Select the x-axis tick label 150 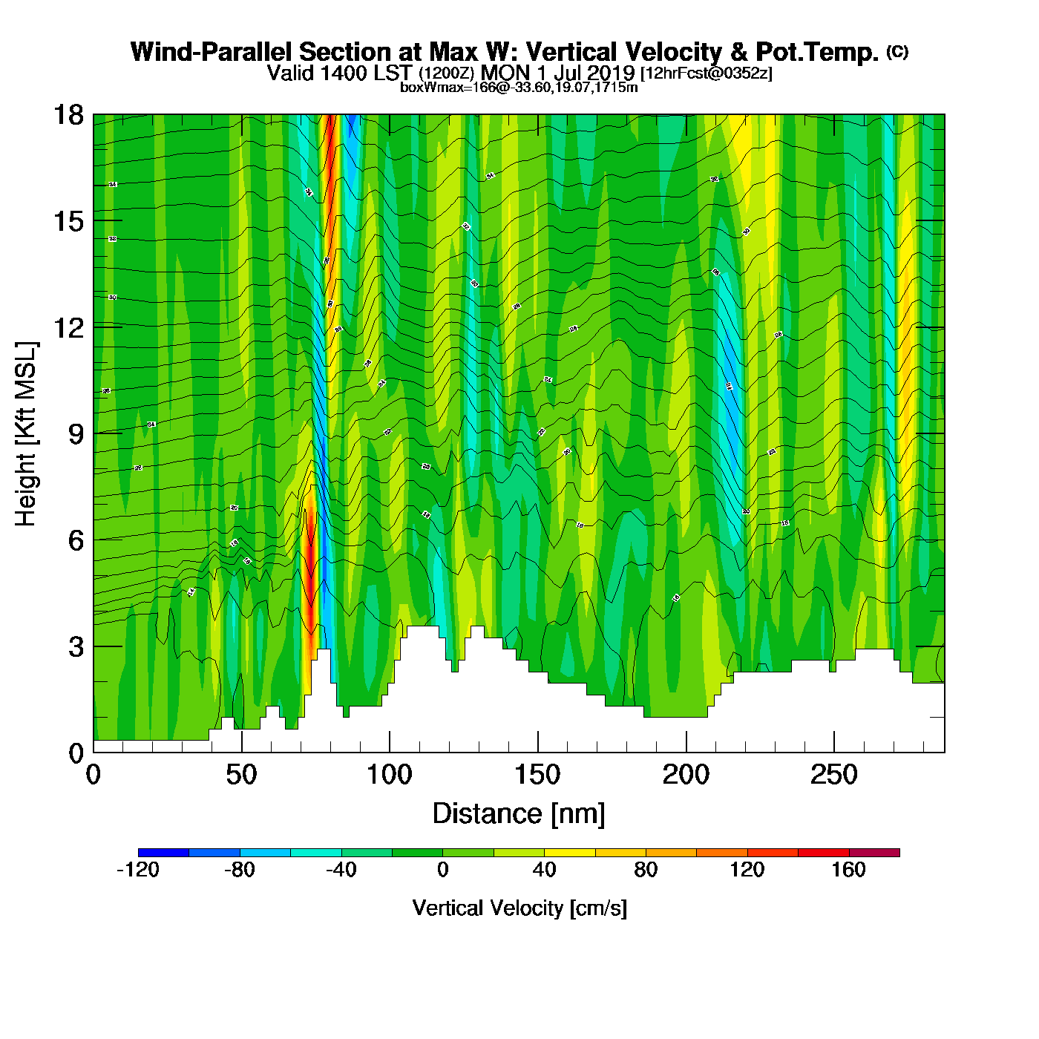point(537,776)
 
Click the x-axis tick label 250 point(833,776)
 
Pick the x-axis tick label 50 point(241,776)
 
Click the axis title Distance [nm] point(519,814)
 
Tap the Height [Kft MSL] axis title point(26,434)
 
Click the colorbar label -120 point(138,870)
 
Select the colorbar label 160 point(848,870)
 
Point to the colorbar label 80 point(646,870)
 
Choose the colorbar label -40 point(341,870)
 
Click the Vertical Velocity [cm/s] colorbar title point(519,908)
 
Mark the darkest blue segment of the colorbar point(163,853)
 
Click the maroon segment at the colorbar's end point(874,853)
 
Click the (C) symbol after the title point(897,51)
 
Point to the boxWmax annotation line point(519,88)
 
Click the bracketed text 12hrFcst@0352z point(706,73)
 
